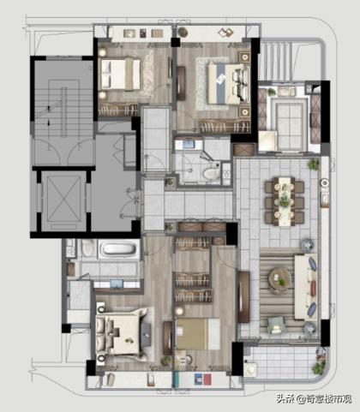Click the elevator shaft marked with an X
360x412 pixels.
[x=64, y=200]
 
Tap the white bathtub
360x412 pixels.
[x=119, y=248]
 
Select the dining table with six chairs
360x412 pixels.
[x=285, y=201]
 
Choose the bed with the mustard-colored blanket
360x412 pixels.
[x=198, y=334]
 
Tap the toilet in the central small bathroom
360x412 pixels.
[x=211, y=173]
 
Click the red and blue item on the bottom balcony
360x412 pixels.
[x=203, y=379]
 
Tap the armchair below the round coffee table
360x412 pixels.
[x=276, y=325]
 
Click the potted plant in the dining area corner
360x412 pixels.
[x=313, y=164]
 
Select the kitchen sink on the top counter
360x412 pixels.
[x=286, y=92]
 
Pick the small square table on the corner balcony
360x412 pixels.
[x=250, y=370]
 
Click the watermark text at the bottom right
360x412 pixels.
[x=314, y=399]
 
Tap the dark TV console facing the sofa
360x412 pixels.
[x=243, y=297]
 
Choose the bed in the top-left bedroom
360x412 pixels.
[x=121, y=75]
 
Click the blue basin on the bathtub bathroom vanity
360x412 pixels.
[x=117, y=284]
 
